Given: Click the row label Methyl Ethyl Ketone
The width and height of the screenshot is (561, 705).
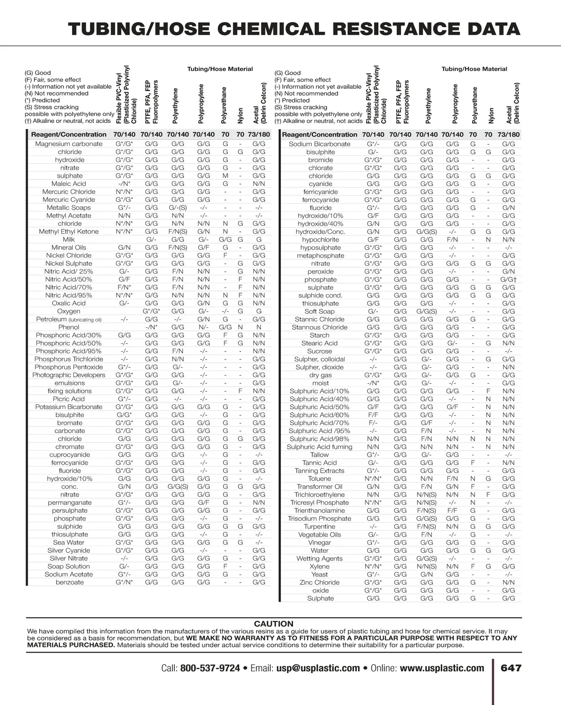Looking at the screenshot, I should pyautogui.click(x=69, y=231).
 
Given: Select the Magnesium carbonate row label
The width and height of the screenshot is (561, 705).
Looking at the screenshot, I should pyautogui.click(x=69, y=144).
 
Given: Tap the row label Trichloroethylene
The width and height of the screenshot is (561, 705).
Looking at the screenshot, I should pyautogui.click(x=319, y=495).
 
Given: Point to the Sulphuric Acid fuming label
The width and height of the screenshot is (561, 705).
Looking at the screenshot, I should pyautogui.click(x=319, y=447).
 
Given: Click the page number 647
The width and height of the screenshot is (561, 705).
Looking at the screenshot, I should pyautogui.click(x=511, y=668).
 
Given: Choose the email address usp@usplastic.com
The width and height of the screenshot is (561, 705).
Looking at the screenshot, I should pyautogui.click(x=318, y=668).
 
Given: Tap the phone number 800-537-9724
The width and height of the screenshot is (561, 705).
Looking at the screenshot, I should pyautogui.click(x=210, y=668).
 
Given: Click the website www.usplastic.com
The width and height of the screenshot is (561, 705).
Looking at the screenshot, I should pyautogui.click(x=442, y=668).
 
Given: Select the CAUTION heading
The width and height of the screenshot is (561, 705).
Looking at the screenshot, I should pyautogui.click(x=273, y=624).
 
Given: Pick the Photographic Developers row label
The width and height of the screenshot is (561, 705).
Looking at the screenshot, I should pyautogui.click(x=69, y=375).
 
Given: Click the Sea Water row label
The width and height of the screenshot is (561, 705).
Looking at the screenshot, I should pyautogui.click(x=69, y=542).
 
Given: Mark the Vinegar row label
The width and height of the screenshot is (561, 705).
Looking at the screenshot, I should pyautogui.click(x=319, y=543).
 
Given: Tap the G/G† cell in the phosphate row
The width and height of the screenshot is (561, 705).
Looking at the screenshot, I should pyautogui.click(x=508, y=280).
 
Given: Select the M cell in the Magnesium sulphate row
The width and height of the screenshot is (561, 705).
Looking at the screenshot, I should pyautogui.click(x=225, y=176).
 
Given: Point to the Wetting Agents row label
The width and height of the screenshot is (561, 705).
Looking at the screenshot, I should pyautogui.click(x=319, y=559).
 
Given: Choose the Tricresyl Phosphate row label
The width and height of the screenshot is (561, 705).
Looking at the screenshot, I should pyautogui.click(x=319, y=503).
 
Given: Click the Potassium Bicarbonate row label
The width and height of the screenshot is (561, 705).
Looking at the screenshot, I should pyautogui.click(x=69, y=407).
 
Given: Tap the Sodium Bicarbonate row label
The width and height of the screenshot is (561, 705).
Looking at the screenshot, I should pyautogui.click(x=319, y=144).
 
